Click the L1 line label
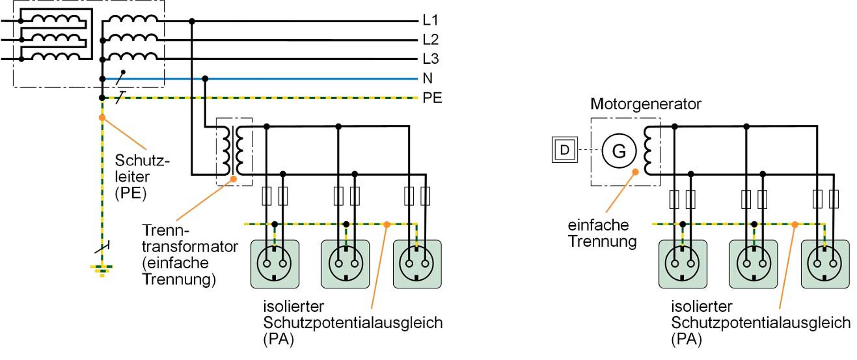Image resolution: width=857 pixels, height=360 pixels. click(430, 20)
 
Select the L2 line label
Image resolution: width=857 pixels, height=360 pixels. click(430, 40)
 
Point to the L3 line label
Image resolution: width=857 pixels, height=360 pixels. click(430, 59)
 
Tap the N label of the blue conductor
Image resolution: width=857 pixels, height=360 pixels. click(428, 79)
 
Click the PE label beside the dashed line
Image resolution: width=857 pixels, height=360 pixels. click(432, 98)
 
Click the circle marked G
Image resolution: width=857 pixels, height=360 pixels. click(619, 151)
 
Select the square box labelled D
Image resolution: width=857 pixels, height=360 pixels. click(565, 150)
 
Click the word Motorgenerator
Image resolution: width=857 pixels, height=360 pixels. click(645, 104)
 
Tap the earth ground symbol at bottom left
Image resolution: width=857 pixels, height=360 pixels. click(102, 269)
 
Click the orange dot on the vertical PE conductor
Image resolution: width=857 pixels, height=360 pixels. click(102, 118)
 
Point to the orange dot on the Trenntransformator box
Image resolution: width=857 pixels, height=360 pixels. click(233, 179)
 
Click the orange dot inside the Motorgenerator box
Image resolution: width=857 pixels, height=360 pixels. click(635, 172)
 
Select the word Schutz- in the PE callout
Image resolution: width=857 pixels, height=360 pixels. click(142, 160)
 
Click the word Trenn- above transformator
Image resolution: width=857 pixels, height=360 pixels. click(166, 230)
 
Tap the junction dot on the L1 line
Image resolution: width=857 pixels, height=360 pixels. click(192, 21)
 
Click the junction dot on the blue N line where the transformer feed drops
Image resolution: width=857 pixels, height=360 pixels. click(205, 79)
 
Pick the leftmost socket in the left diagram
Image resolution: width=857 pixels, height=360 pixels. click(275, 264)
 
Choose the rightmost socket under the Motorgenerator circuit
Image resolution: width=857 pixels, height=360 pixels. click(825, 264)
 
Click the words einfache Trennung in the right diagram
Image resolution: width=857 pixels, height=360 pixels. click(602, 233)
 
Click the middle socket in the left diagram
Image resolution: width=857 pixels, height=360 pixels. click(345, 264)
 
